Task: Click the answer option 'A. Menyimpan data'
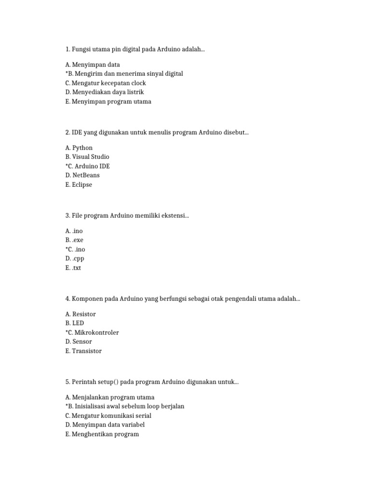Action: pos(92,65)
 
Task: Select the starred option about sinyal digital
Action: pos(124,74)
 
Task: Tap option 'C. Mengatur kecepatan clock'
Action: pos(106,83)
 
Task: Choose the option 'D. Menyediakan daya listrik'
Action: pos(105,92)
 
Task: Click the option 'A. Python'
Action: pos(79,148)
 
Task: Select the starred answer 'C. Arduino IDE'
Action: pos(88,166)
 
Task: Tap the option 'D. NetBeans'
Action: pos(82,175)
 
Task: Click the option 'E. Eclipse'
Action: pos(79,184)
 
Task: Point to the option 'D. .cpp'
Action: pos(75,259)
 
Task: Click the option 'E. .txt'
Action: pos(73,268)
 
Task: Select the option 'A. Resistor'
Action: pos(80,314)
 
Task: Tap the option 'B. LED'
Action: pos(75,324)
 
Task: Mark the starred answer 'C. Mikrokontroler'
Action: pos(92,333)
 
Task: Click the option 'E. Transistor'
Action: pos(83,351)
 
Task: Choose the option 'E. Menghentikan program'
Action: pos(102,434)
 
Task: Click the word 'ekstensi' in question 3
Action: pos(175,216)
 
